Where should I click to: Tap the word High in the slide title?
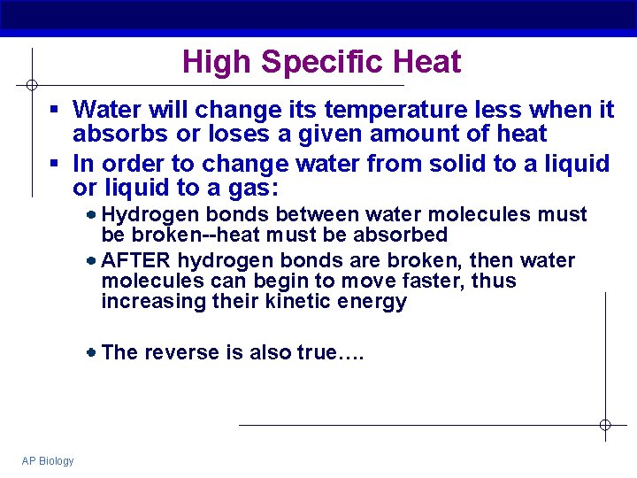coord(217,63)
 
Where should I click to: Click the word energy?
coord(377,302)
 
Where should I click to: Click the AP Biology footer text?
coord(49,461)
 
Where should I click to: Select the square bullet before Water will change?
coord(54,110)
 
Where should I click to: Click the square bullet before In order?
coord(54,164)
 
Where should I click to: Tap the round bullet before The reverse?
coord(92,352)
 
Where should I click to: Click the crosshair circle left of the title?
coord(31,85)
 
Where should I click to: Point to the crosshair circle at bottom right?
coord(605,425)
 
